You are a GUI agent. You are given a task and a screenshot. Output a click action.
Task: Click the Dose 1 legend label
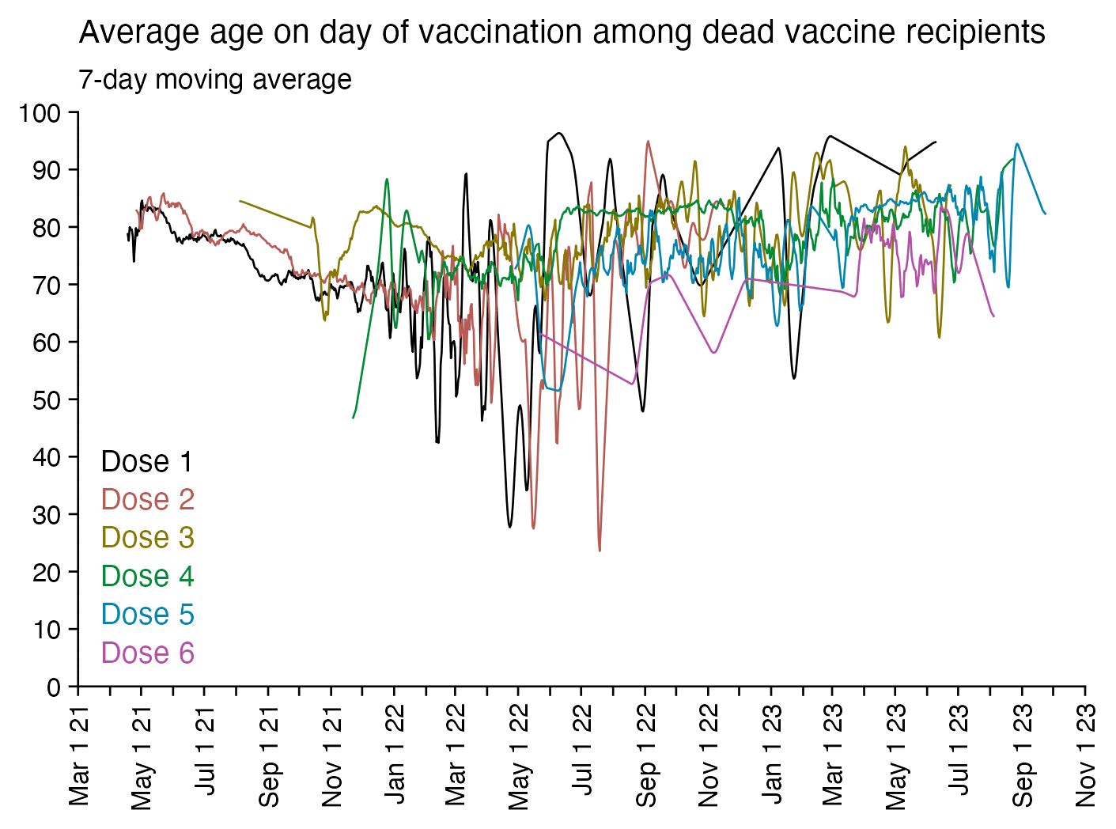(147, 462)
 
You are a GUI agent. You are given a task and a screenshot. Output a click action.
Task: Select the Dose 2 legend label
(147, 500)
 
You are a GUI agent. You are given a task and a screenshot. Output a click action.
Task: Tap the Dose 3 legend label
(147, 538)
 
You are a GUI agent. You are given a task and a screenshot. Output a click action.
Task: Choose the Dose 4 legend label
(147, 576)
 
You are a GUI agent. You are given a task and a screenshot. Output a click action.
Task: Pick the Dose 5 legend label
(147, 615)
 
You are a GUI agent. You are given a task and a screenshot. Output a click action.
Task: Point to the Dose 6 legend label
(147, 653)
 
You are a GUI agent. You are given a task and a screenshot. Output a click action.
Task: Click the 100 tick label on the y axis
(40, 113)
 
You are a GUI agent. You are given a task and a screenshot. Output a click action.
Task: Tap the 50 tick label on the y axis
(47, 400)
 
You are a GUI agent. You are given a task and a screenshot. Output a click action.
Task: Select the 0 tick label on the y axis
(54, 687)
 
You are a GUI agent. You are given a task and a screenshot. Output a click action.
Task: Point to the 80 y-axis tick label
(47, 228)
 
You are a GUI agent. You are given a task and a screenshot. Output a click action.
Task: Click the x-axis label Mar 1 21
(79, 755)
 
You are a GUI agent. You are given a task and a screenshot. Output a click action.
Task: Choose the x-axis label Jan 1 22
(394, 755)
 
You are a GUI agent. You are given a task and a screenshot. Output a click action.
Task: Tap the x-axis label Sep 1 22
(646, 755)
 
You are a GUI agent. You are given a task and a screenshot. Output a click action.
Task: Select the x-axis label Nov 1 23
(1086, 755)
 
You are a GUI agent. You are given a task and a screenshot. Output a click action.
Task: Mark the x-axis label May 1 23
(896, 755)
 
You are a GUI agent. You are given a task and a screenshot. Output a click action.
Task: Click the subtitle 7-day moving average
(215, 80)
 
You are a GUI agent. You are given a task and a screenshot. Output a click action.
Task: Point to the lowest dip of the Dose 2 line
(600, 550)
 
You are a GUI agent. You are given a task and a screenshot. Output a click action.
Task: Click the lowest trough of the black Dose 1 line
(510, 527)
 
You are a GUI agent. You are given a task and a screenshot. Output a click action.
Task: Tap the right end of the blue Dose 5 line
(1046, 214)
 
